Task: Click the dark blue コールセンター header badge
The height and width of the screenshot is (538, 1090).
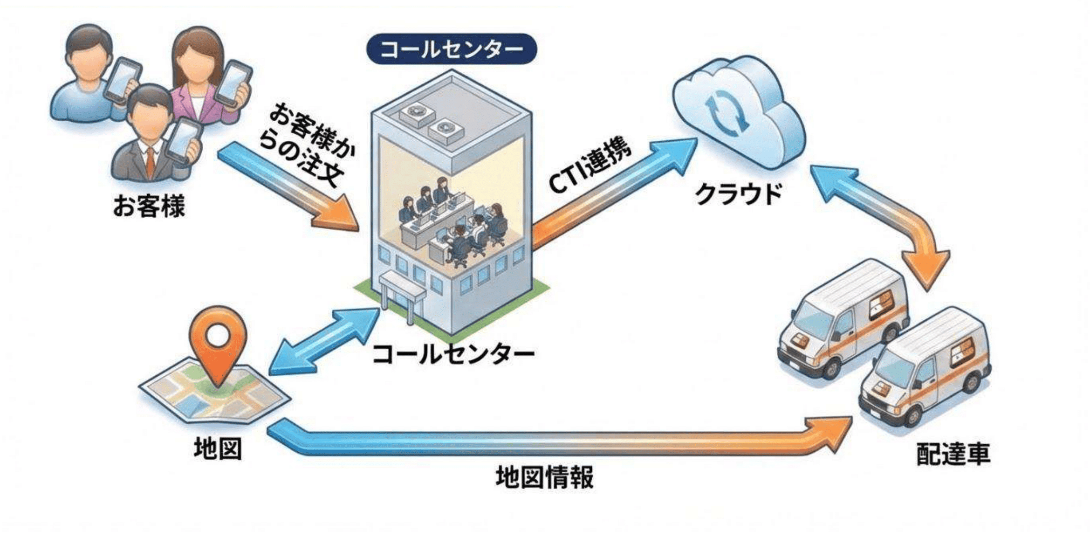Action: [452, 49]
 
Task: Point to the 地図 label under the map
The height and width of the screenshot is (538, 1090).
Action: [218, 448]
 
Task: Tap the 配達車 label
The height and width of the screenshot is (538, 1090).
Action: [953, 454]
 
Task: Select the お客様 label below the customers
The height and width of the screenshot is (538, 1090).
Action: [149, 206]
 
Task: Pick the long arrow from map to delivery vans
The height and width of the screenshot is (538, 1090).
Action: [559, 441]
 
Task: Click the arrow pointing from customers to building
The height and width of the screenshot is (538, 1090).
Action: [289, 191]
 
